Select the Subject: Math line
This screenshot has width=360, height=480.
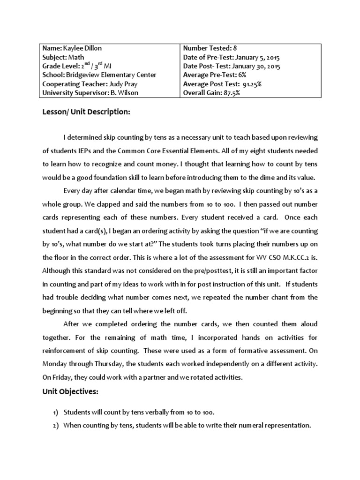coord(61,57)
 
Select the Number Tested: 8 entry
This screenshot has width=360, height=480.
coord(207,48)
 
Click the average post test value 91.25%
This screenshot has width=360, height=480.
coord(252,84)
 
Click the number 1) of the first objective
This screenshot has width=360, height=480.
coord(55,412)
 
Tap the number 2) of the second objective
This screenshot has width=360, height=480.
coord(55,426)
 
